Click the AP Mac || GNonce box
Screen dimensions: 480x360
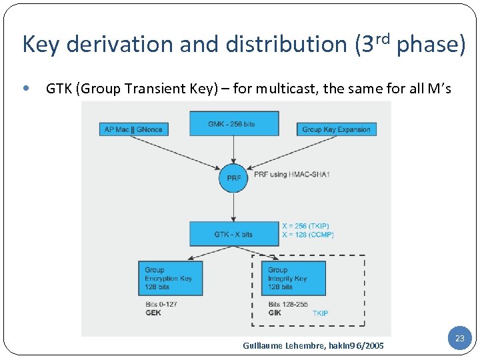coord(133,129)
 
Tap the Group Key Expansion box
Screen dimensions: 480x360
coord(336,129)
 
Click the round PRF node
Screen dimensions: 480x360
coord(233,178)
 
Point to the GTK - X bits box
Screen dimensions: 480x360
coord(234,233)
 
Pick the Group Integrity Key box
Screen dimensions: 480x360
coord(295,278)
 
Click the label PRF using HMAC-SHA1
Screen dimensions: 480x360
coord(292,175)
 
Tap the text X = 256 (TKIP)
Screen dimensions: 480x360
coord(306,226)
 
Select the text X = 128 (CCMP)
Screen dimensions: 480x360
coord(307,235)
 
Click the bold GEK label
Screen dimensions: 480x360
coord(153,313)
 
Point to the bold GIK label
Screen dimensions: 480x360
coord(275,313)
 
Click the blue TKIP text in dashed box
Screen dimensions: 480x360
coord(320,313)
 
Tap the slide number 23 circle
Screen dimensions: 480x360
coord(459,339)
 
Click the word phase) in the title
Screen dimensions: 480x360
coord(431,45)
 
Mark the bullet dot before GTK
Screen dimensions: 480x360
coord(25,88)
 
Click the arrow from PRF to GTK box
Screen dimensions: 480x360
coord(233,207)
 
